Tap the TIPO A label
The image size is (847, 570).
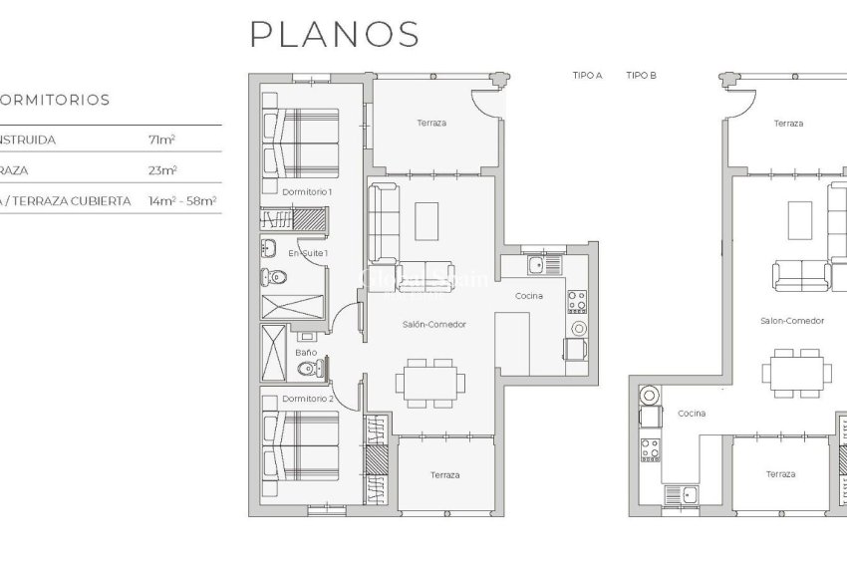587,75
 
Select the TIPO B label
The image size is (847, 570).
641,75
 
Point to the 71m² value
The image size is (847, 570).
160,141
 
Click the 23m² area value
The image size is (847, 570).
161,170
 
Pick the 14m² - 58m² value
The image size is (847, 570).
182,200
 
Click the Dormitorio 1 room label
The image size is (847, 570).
307,190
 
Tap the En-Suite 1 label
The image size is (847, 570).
308,254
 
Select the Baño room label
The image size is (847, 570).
306,352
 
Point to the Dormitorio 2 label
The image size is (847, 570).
307,399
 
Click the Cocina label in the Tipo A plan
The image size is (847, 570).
528,296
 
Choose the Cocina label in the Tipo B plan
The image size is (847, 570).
692,413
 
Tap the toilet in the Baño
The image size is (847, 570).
310,371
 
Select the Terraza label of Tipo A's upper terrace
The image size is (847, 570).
431,123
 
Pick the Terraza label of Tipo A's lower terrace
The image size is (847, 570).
444,474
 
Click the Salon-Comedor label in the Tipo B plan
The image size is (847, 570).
792,321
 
